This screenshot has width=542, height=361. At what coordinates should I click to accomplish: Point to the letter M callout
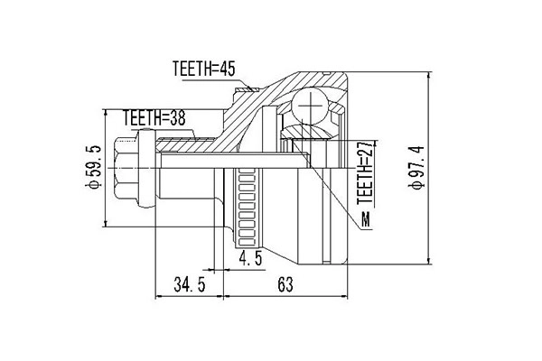(364, 221)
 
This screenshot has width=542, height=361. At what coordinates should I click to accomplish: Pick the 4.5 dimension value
(250, 259)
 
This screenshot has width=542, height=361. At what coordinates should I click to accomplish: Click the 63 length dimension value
(285, 286)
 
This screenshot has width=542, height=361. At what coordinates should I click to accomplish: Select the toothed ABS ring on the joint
(247, 209)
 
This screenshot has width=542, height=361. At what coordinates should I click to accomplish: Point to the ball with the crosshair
(310, 106)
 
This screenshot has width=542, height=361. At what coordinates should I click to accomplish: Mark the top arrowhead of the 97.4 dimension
(429, 76)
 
